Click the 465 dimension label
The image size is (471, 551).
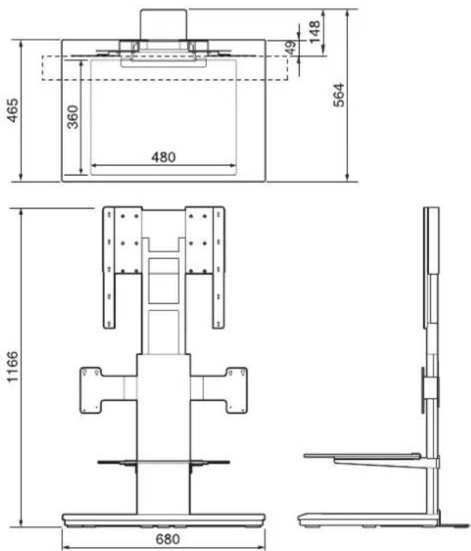click(13, 110)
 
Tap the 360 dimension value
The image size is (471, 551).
click(73, 117)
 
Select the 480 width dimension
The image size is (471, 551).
click(163, 157)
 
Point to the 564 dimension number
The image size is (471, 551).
click(339, 95)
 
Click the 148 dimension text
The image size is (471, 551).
click(315, 32)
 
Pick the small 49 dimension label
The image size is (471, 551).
click(290, 47)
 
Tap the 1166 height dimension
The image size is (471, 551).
click(13, 366)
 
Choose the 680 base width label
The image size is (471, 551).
click(168, 539)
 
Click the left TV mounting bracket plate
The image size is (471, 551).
click(122, 267)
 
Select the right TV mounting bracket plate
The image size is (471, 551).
click(205, 267)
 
